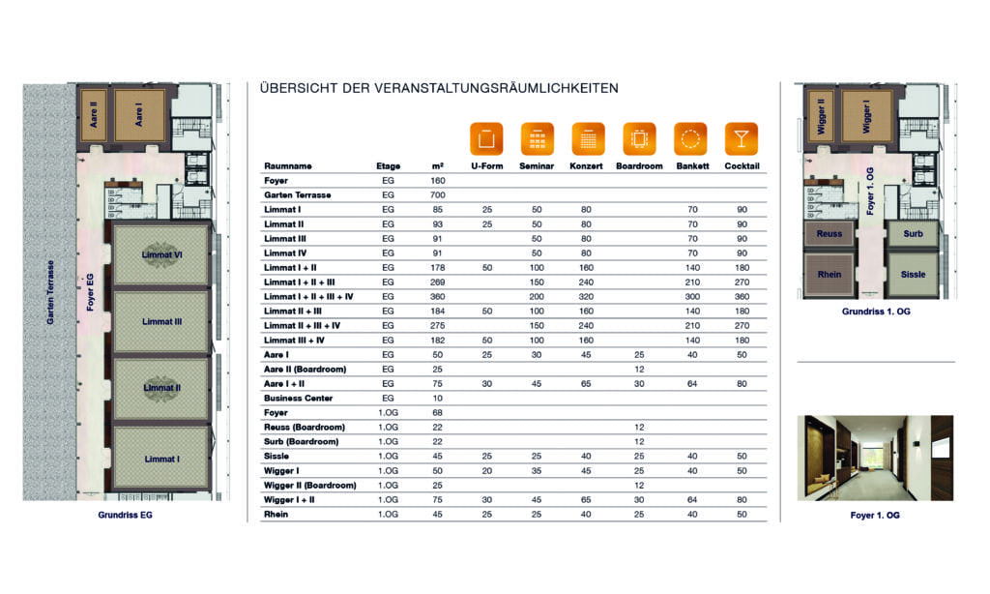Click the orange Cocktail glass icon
tap(741, 139)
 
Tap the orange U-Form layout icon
tap(486, 139)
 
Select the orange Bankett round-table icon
tap(690, 139)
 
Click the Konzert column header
tap(587, 166)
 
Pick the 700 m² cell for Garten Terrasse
tap(438, 195)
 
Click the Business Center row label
tap(298, 398)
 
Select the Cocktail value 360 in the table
tap(741, 296)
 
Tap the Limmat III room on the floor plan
tap(161, 321)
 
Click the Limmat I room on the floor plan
tap(161, 458)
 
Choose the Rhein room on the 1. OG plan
tap(829, 275)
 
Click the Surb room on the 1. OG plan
tap(913, 233)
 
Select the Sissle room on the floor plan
tap(913, 275)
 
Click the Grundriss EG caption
tap(125, 516)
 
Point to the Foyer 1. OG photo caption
tap(875, 516)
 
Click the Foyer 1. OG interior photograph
tap(875, 458)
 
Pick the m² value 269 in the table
tap(438, 282)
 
